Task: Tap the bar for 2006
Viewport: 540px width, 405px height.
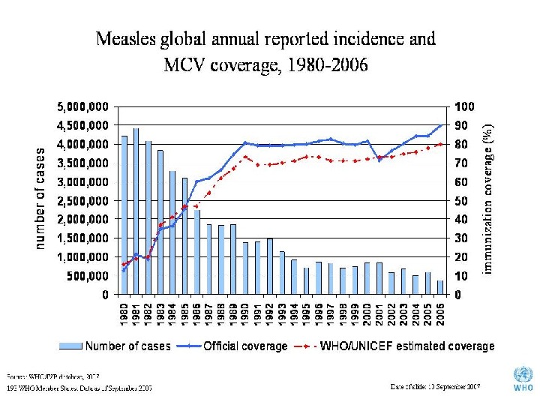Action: click(x=439, y=287)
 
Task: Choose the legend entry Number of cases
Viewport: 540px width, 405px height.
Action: click(x=115, y=346)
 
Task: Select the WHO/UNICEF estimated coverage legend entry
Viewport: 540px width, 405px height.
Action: click(x=398, y=346)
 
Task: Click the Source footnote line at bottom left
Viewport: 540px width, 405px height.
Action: click(x=52, y=375)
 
